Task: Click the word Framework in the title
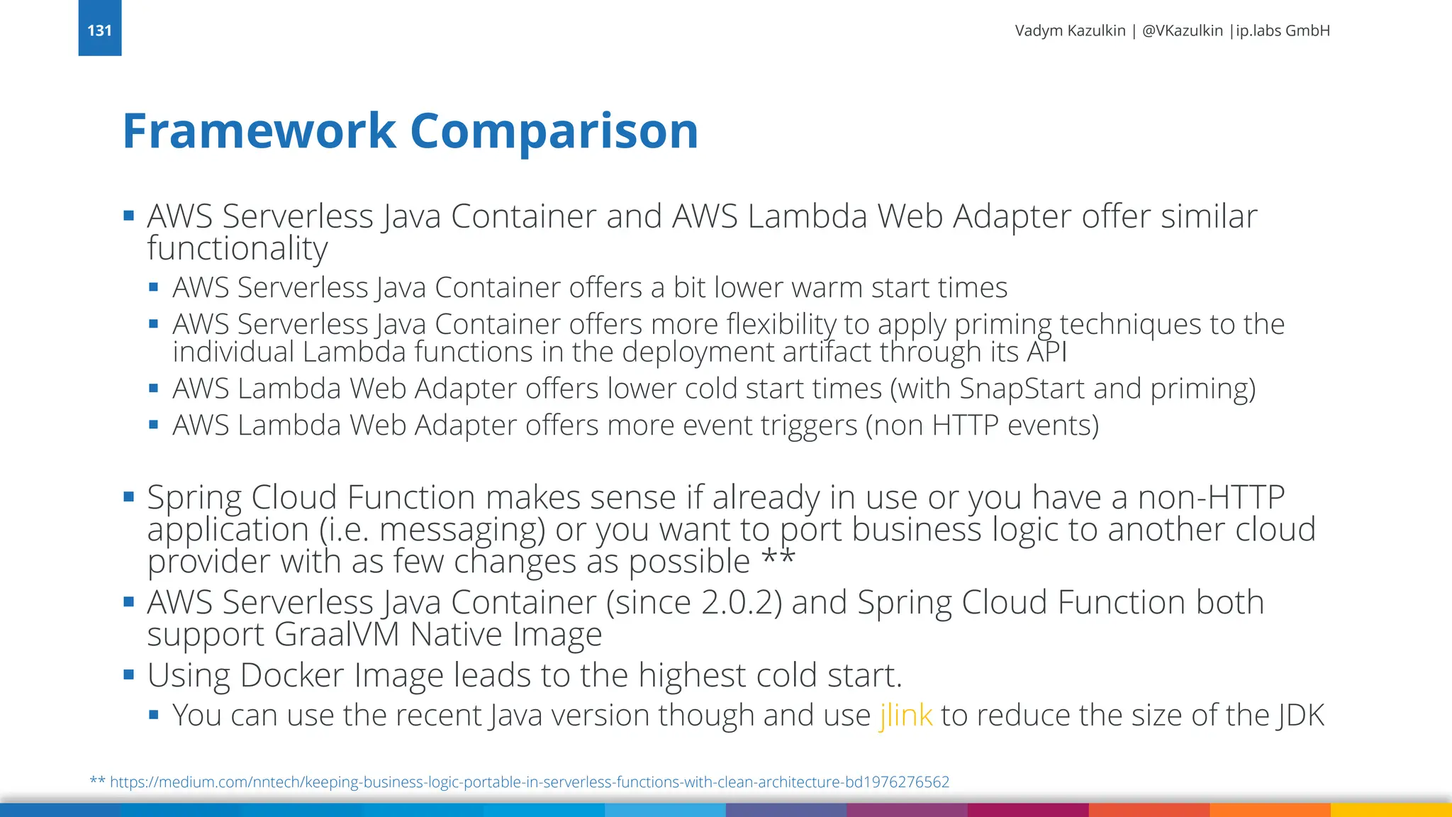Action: [x=259, y=131]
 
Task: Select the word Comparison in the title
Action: [x=554, y=131]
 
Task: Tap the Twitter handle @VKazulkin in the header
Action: [x=1182, y=30]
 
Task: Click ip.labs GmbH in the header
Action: [x=1283, y=30]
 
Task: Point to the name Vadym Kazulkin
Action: [x=1070, y=30]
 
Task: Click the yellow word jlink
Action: [x=905, y=715]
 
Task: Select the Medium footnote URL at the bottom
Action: [x=529, y=782]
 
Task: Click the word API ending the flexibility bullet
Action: [x=1046, y=352]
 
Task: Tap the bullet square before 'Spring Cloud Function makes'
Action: [x=128, y=496]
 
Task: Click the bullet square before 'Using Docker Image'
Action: [x=128, y=674]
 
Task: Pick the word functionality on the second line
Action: [x=237, y=248]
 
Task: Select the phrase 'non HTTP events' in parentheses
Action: [x=983, y=426]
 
